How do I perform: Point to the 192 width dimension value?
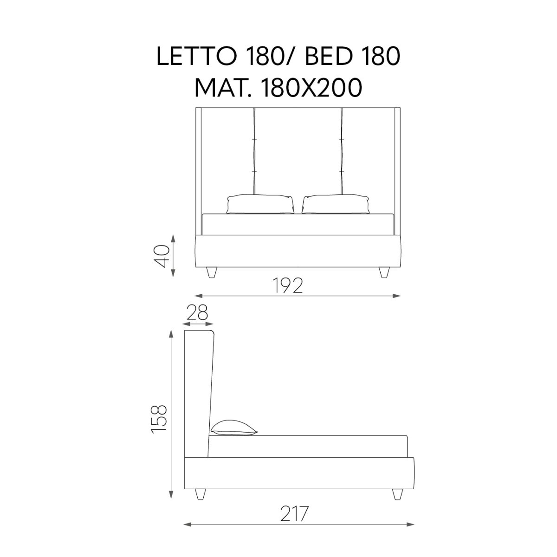point(288,285)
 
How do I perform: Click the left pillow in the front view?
point(260,204)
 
